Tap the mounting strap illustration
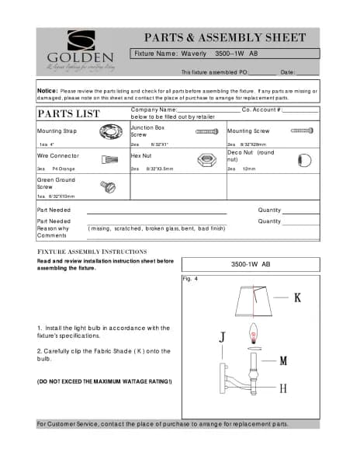(111, 134)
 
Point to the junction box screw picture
(206, 133)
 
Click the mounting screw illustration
(301, 131)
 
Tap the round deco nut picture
(303, 161)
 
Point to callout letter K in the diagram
(297, 297)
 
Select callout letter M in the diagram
(284, 360)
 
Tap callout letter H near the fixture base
(283, 388)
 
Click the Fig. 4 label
(189, 278)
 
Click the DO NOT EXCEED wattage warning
(104, 381)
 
